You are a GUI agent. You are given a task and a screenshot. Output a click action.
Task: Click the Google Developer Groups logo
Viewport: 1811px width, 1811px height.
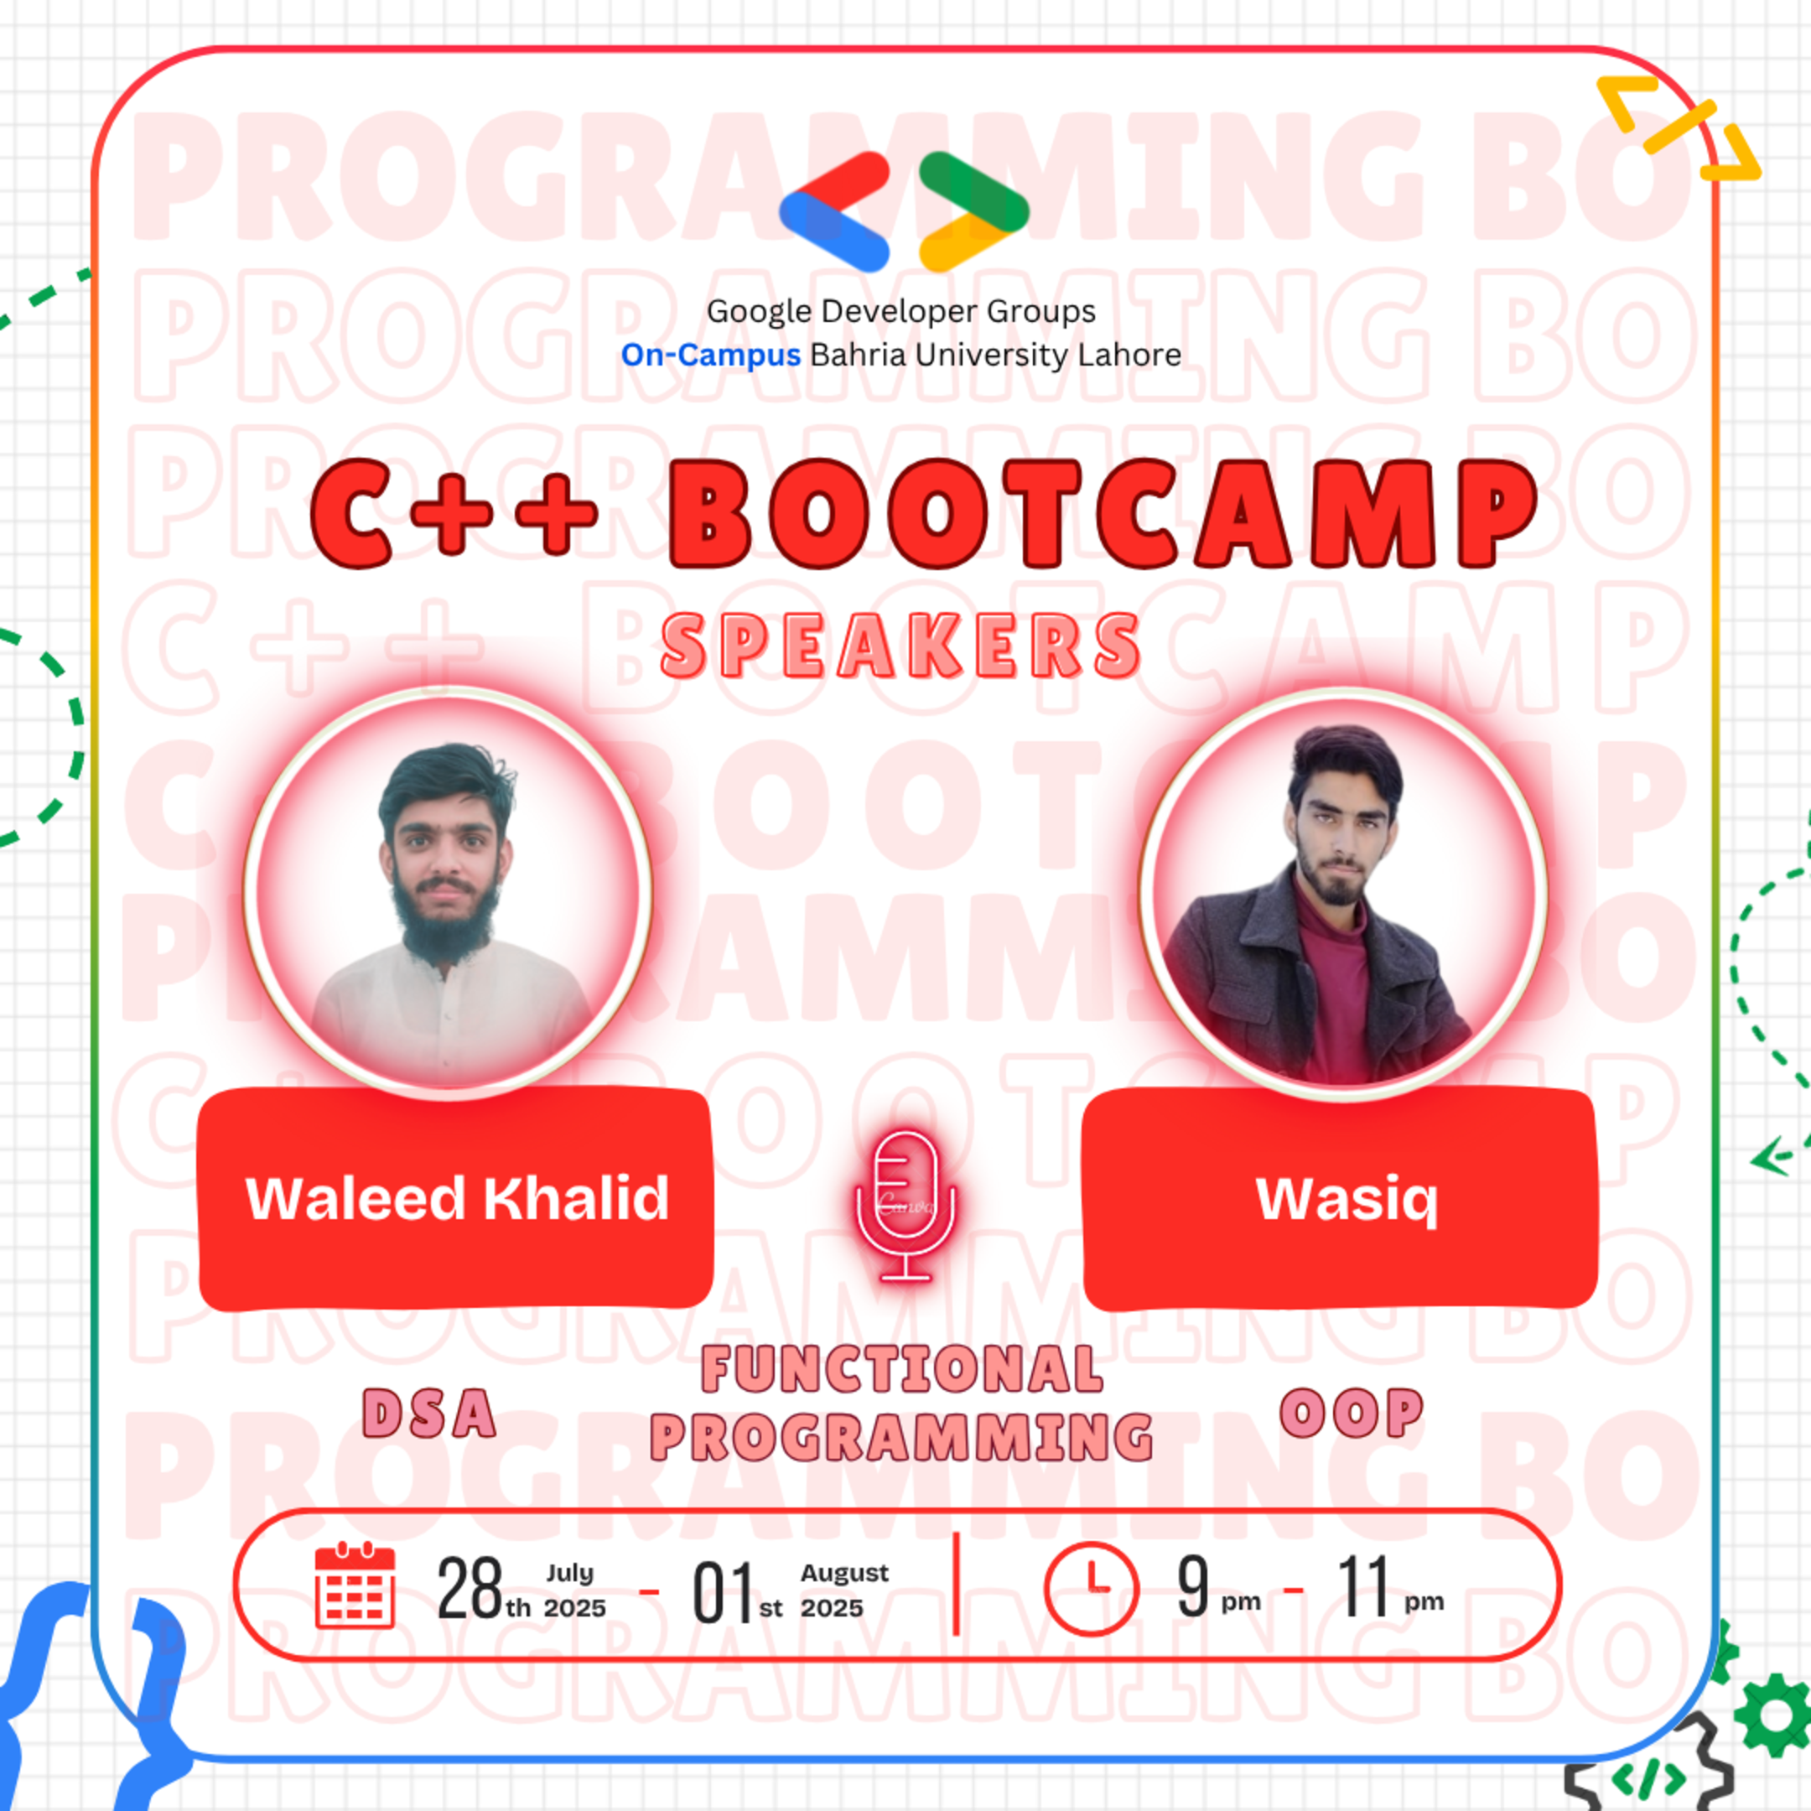click(x=904, y=212)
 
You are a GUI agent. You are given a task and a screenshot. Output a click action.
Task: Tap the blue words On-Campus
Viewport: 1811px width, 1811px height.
click(x=710, y=355)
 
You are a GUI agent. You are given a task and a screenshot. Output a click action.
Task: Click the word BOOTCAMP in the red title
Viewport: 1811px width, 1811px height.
click(x=1103, y=515)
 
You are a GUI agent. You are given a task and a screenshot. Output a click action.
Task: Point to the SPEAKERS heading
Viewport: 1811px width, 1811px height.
click(x=900, y=646)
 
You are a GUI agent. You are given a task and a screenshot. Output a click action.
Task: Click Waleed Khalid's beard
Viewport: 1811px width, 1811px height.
click(x=446, y=923)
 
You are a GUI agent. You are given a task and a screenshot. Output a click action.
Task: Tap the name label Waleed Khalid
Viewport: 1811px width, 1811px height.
click(x=456, y=1198)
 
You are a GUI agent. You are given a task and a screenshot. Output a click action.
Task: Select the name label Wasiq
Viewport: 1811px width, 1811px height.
click(x=1346, y=1198)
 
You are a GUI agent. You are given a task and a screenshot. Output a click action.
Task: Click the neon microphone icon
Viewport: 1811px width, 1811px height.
click(x=905, y=1205)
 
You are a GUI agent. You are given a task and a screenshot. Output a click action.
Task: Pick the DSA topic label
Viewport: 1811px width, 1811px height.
click(x=429, y=1414)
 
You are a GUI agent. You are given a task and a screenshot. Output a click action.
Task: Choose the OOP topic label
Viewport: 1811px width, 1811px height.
click(x=1351, y=1413)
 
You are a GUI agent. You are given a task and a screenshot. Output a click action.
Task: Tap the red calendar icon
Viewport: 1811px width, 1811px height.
click(x=355, y=1586)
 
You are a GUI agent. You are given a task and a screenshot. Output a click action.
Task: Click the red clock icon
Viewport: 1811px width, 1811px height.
click(x=1091, y=1588)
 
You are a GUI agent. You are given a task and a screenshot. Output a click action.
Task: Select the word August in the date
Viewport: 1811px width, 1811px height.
click(x=843, y=1573)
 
